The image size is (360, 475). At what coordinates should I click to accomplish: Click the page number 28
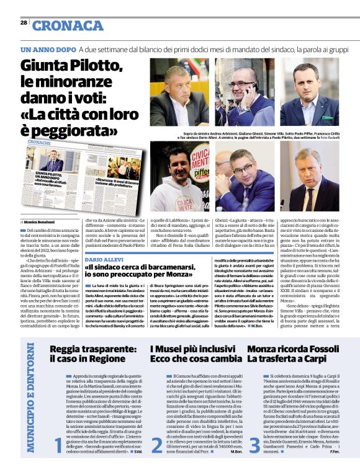(23, 22)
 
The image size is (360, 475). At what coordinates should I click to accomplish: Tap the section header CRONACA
(68, 25)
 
